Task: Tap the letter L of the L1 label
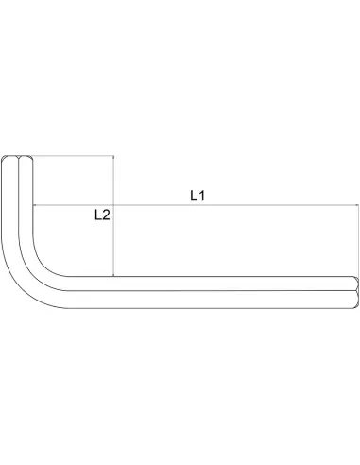coord(192,196)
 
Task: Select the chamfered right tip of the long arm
coord(355,291)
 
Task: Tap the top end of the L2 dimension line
coord(113,155)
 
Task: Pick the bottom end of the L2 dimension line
coord(113,276)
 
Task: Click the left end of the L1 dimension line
coord(34,205)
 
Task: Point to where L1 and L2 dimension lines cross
coord(113,205)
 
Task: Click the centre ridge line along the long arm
coord(208,291)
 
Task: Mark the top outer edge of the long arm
coord(208,277)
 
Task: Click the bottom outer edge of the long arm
coord(208,305)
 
